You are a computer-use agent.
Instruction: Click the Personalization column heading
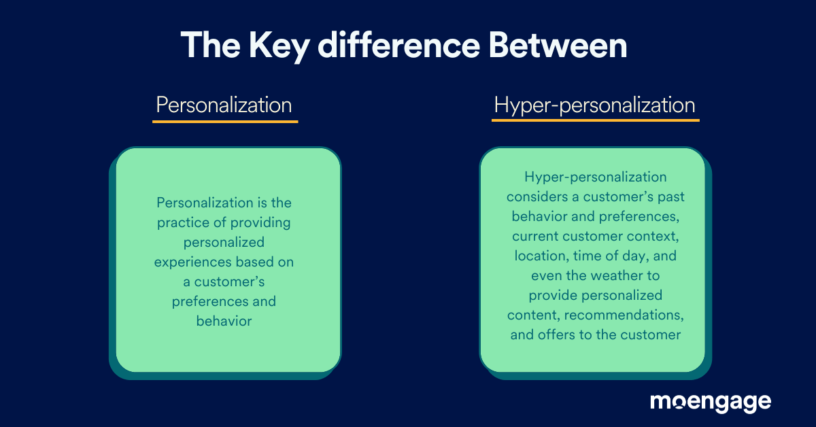(224, 105)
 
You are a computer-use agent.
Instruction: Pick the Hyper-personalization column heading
(595, 105)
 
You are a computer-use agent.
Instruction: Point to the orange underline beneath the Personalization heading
(225, 122)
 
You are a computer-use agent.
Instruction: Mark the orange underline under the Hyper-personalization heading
(595, 121)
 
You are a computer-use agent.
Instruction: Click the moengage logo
(710, 402)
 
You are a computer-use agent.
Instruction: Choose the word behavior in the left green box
(224, 320)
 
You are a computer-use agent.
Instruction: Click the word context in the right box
(656, 237)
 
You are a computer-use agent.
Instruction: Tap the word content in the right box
(531, 315)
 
